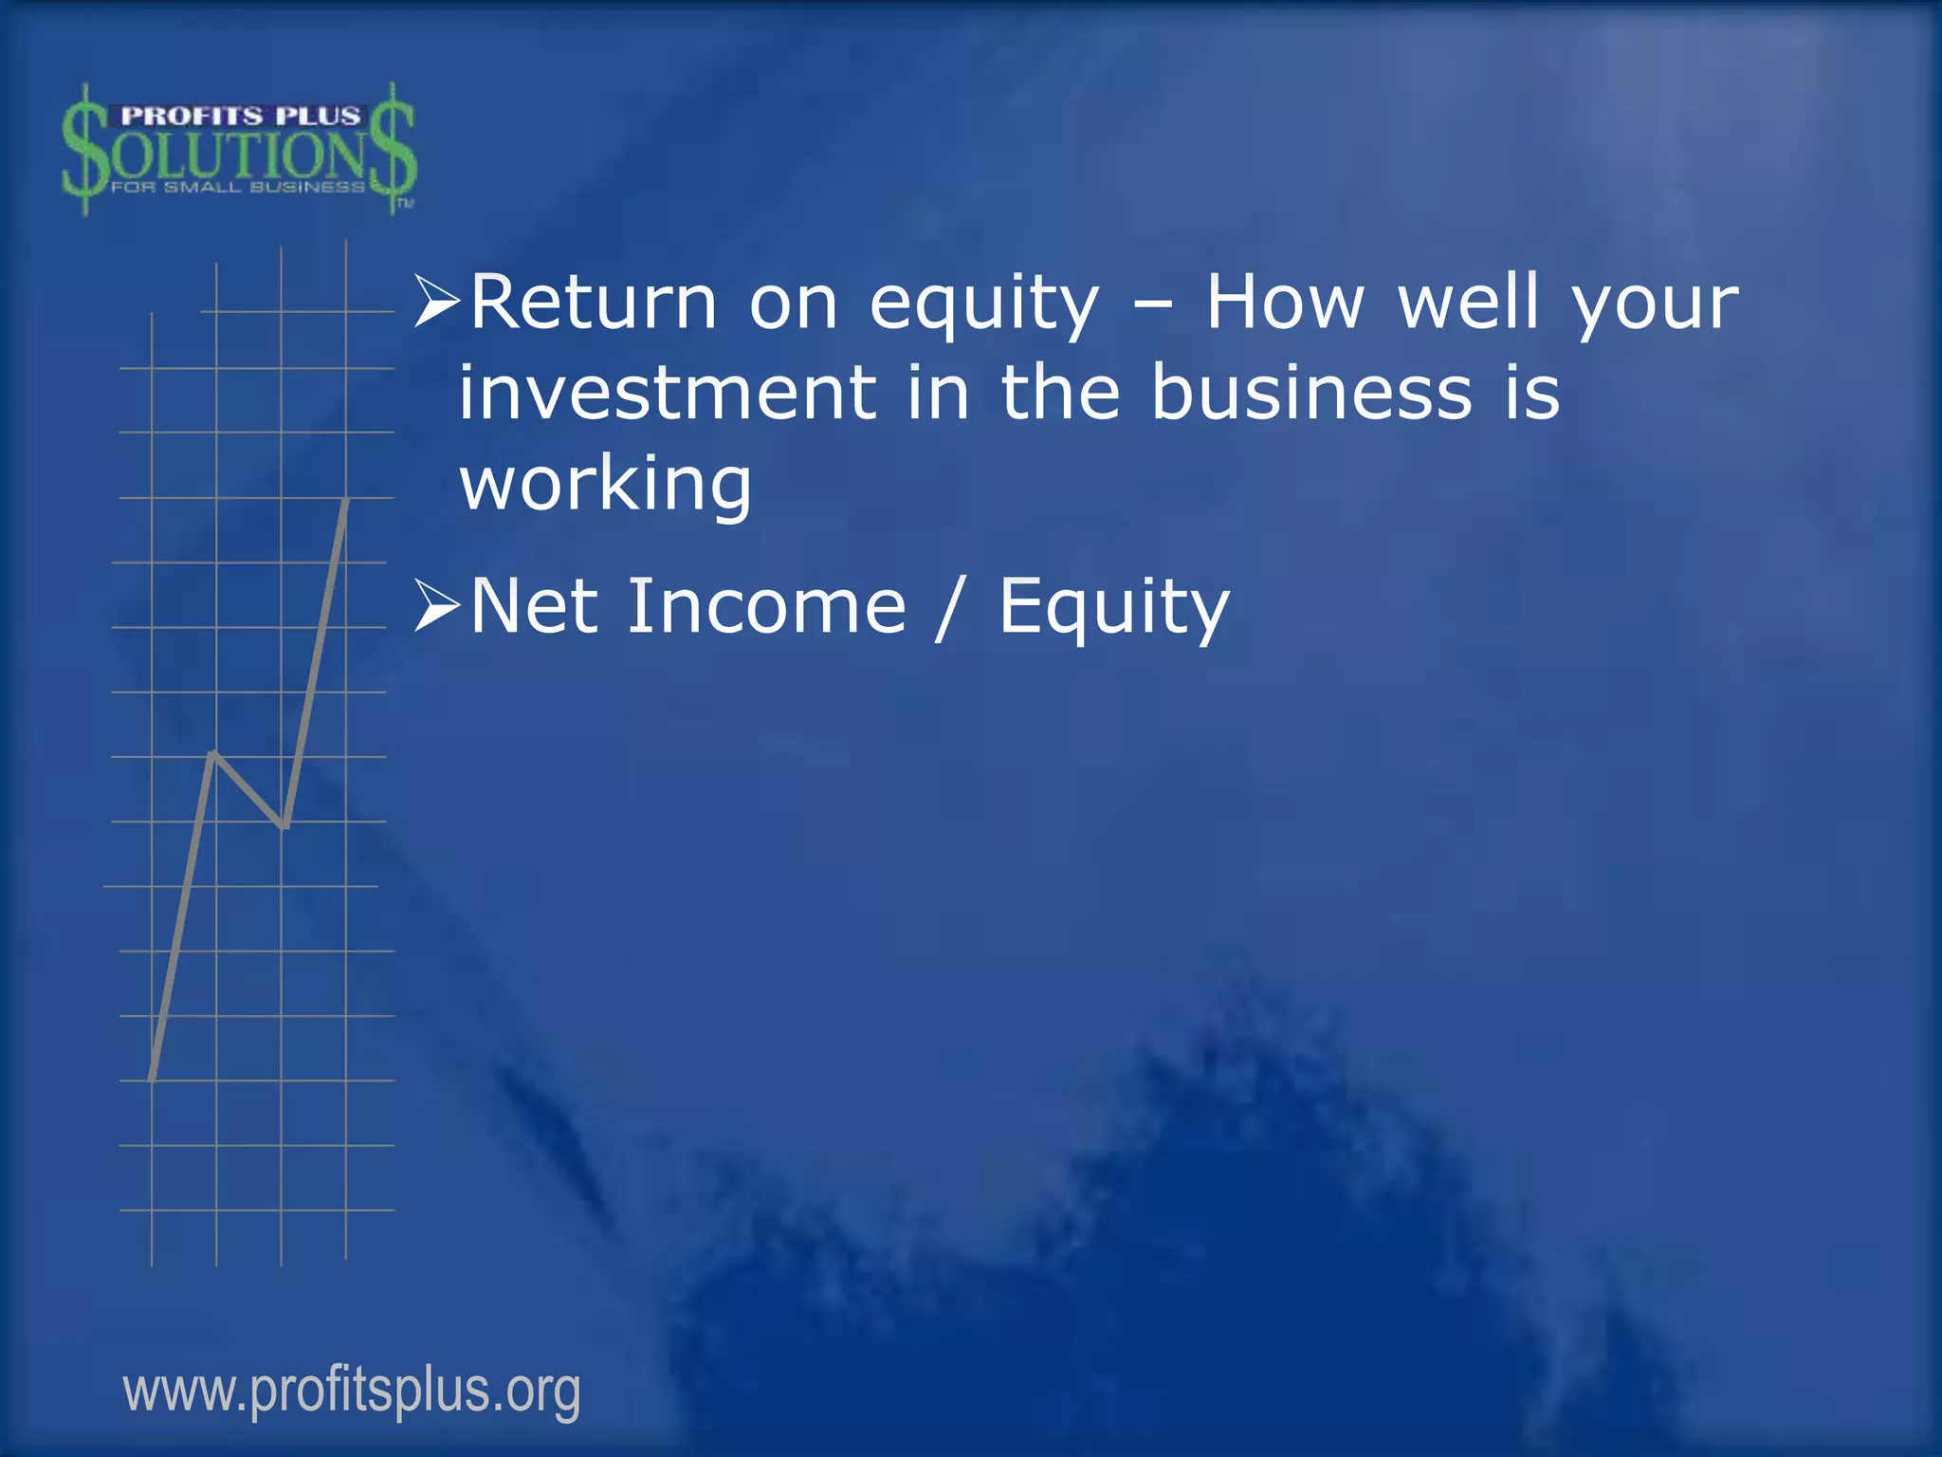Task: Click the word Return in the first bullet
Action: click(593, 304)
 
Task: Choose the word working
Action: click(605, 484)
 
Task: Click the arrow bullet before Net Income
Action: click(437, 608)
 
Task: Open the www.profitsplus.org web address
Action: click(352, 1392)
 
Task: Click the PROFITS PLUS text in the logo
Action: click(240, 117)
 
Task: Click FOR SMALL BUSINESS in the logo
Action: click(238, 187)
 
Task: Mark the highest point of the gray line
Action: click(347, 500)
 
